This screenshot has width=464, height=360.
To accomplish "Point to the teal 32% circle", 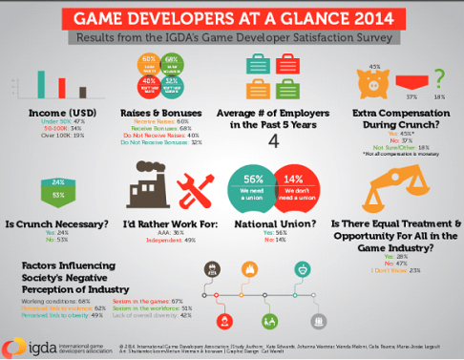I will [x=173, y=83].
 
